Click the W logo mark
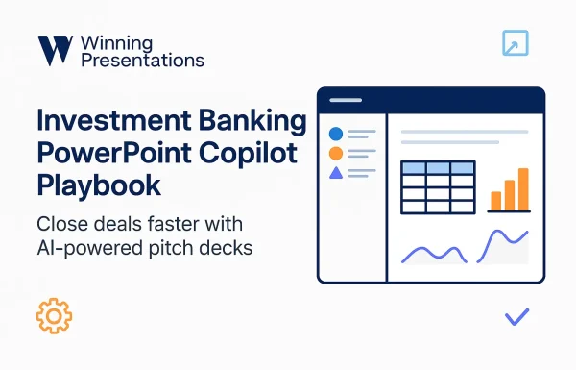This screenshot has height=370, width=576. (55, 50)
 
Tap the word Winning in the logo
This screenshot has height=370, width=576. (118, 42)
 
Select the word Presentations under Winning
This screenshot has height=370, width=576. (143, 61)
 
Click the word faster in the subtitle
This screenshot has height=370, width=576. (159, 225)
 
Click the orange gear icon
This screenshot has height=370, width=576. (54, 316)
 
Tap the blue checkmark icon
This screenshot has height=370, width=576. (516, 315)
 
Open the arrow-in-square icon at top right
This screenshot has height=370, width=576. (516, 43)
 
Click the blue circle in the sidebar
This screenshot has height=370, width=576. (336, 135)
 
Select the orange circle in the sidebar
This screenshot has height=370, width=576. (336, 154)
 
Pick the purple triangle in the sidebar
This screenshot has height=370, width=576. (336, 173)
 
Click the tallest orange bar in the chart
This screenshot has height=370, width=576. (523, 189)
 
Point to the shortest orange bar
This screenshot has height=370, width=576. (496, 200)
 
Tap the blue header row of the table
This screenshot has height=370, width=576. (437, 168)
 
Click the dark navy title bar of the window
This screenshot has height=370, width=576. (431, 100)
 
